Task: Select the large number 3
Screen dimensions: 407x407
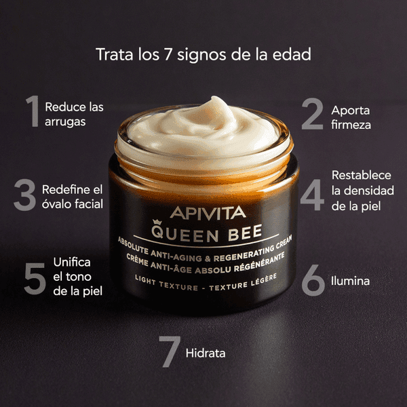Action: (x=24, y=195)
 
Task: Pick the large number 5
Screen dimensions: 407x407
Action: (x=34, y=277)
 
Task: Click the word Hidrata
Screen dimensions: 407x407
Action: (x=206, y=353)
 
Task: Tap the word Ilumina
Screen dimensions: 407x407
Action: (x=351, y=279)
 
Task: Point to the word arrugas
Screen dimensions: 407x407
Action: (x=65, y=123)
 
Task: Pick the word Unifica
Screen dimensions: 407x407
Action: (x=71, y=262)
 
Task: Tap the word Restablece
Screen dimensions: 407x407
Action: (x=362, y=176)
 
